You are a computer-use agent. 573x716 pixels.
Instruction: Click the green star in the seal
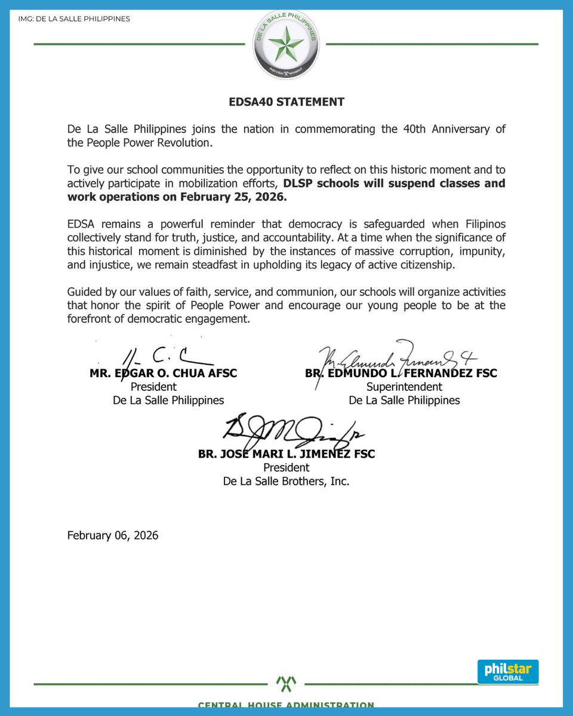point(286,45)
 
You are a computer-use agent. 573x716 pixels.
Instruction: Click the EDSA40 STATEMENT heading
point(286,102)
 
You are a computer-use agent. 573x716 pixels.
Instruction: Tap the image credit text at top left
point(74,19)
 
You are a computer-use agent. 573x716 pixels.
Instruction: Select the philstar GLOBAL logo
point(508,672)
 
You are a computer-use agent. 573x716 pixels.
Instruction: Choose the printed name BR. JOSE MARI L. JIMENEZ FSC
point(286,454)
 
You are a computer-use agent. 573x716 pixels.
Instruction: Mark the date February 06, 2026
point(113,535)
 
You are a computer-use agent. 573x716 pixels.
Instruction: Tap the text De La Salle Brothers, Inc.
point(286,481)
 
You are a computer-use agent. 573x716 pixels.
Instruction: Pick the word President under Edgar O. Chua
point(153,387)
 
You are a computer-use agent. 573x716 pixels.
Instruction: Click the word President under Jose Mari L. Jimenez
point(286,467)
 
